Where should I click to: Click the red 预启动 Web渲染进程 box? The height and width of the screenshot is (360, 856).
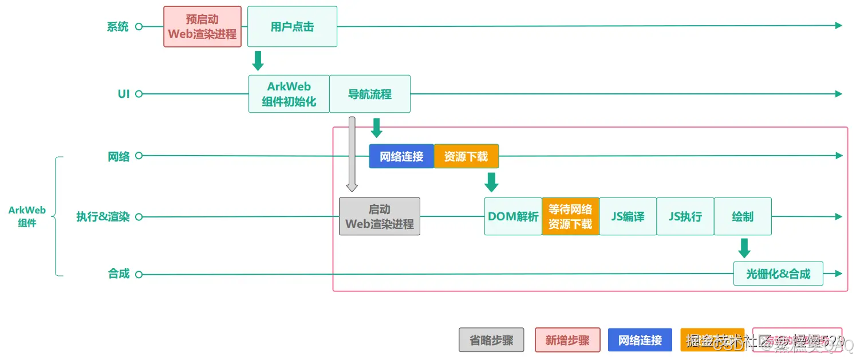click(202, 27)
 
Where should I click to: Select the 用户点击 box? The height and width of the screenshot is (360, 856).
click(292, 27)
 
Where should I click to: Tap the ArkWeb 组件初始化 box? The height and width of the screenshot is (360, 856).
click(289, 94)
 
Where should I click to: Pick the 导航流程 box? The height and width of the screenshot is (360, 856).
click(370, 94)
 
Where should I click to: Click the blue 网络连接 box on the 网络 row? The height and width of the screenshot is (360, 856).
click(401, 156)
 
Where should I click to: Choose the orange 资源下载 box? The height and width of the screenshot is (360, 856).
click(466, 156)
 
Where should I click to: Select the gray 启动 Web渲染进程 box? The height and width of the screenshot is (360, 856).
click(380, 216)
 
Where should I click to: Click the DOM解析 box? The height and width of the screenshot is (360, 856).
click(513, 216)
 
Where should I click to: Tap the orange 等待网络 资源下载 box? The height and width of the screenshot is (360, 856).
click(570, 216)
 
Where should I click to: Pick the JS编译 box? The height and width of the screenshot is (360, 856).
click(628, 216)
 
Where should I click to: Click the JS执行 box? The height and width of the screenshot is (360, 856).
click(685, 216)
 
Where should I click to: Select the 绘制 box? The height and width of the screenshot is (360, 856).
click(743, 216)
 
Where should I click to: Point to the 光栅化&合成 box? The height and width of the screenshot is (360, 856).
click(778, 274)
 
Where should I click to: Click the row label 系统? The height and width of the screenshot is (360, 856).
click(117, 27)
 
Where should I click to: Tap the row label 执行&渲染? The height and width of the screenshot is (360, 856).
click(103, 217)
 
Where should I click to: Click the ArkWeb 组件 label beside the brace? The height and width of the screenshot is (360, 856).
click(27, 216)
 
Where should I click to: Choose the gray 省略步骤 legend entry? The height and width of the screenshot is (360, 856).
click(491, 340)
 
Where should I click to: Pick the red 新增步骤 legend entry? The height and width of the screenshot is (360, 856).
click(567, 340)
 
